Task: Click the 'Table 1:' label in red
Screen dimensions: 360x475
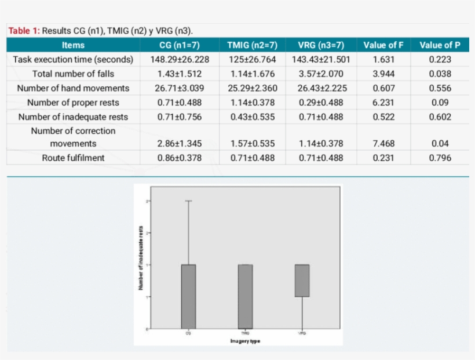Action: point(24,31)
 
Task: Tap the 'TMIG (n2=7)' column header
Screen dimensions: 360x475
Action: point(252,45)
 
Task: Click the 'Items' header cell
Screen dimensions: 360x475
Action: point(73,45)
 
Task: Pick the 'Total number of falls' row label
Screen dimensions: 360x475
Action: point(73,74)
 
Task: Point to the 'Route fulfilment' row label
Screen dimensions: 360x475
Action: point(73,158)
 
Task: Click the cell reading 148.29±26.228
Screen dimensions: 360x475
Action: point(180,60)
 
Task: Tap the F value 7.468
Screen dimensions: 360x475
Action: point(381,144)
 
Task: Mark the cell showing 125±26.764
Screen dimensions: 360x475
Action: point(252,60)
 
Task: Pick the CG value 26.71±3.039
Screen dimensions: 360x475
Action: point(180,88)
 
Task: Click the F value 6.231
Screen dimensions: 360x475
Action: point(381,103)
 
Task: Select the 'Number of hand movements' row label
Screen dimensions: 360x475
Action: point(73,88)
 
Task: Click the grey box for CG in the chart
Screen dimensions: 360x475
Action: point(188,296)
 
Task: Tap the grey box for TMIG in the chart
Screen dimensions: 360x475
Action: point(246,296)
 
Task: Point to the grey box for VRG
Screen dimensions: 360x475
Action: point(302,281)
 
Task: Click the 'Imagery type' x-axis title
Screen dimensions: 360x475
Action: point(245,341)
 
